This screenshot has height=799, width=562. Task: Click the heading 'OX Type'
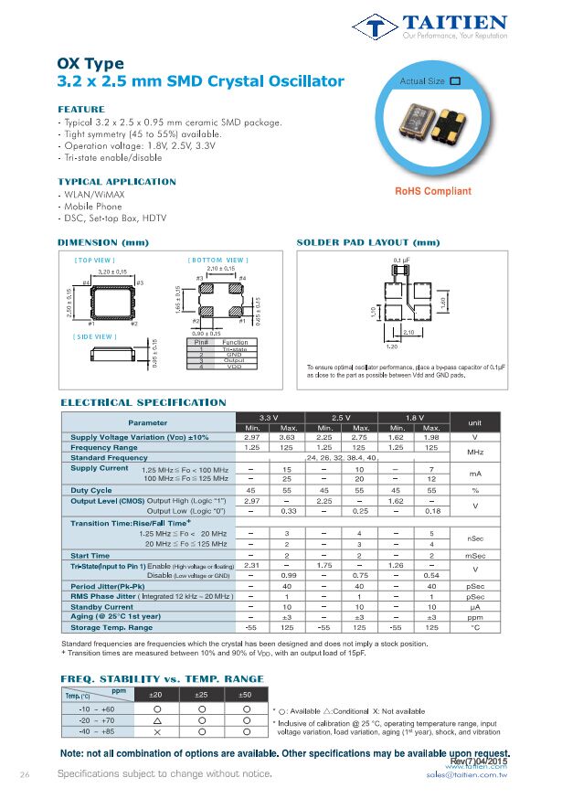pyautogui.click(x=90, y=63)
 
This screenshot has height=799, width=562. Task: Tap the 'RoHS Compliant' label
pyautogui.click(x=433, y=191)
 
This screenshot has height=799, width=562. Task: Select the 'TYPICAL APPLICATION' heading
pyautogui.click(x=117, y=181)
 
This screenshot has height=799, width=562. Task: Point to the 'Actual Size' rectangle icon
pyautogui.click(x=455, y=81)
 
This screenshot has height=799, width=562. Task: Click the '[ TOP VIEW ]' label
pyautogui.click(x=95, y=261)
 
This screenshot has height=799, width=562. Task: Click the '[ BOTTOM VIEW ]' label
pyautogui.click(x=218, y=261)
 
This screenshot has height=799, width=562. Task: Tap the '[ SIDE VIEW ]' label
pyautogui.click(x=95, y=336)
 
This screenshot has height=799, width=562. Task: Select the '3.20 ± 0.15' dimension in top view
pyautogui.click(x=111, y=272)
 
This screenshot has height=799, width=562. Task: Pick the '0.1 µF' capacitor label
pyautogui.click(x=400, y=261)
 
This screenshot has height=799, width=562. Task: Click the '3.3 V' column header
pyautogui.click(x=270, y=418)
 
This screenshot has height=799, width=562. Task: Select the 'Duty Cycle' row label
pyautogui.click(x=91, y=490)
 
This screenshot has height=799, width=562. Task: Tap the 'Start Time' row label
pyautogui.click(x=90, y=555)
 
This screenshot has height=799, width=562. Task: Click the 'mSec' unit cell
pyautogui.click(x=475, y=555)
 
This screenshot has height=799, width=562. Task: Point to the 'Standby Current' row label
pyautogui.click(x=101, y=606)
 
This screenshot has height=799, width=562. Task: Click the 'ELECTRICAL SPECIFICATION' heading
pyautogui.click(x=143, y=402)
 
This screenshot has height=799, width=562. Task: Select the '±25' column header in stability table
pyautogui.click(x=201, y=696)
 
